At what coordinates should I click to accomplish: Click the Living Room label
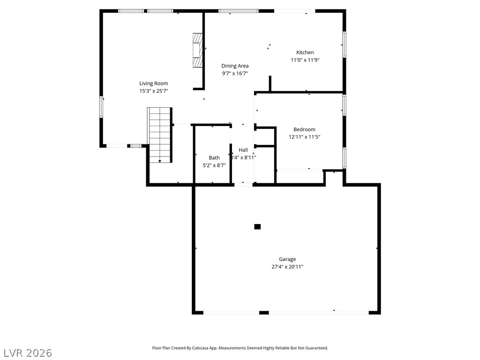point(154,83)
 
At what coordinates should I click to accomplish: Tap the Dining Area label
point(235,66)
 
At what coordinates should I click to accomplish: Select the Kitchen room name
point(305,52)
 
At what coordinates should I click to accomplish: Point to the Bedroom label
point(304,129)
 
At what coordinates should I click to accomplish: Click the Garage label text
point(287,259)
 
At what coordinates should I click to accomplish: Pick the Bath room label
point(214,157)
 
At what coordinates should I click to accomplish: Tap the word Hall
point(243,150)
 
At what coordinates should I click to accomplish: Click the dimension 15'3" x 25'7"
point(154,91)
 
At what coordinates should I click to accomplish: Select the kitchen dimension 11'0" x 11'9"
point(305,60)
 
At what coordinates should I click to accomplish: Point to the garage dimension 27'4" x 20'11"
point(287,267)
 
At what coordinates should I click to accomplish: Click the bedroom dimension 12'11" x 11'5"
point(304,137)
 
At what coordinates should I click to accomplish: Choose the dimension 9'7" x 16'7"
point(235,74)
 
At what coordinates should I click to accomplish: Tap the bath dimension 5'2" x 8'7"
point(214,165)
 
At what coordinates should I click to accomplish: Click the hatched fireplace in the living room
point(197,50)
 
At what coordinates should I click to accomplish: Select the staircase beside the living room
point(159,135)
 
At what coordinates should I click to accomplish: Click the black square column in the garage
point(257,226)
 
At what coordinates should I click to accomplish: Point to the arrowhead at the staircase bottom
point(159,161)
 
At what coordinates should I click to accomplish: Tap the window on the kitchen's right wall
point(344,45)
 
